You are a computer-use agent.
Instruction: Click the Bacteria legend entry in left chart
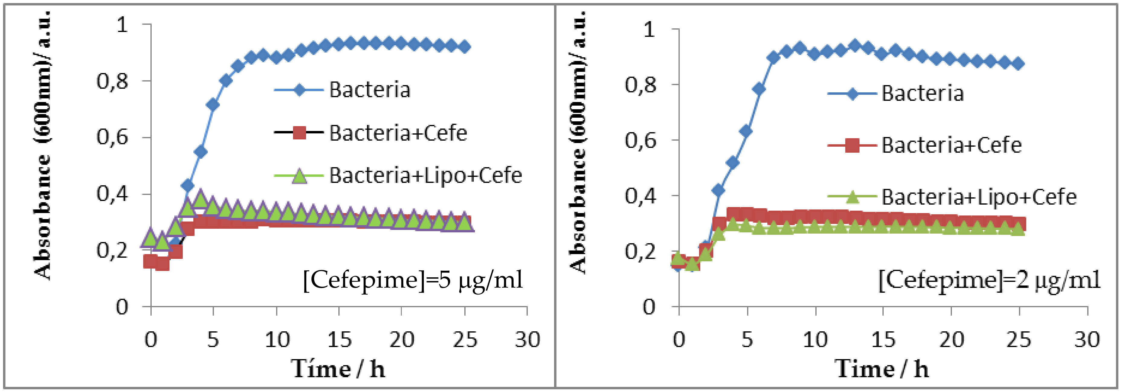pyautogui.click(x=369, y=90)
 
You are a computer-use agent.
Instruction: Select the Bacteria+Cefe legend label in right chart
pyautogui.click(x=952, y=145)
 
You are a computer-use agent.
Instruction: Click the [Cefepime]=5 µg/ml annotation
pyautogui.click(x=412, y=280)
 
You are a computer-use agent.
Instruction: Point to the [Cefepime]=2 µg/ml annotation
pyautogui.click(x=989, y=280)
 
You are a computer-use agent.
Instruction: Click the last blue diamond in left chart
pyautogui.click(x=465, y=46)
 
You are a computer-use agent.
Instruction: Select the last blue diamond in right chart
pyautogui.click(x=1018, y=64)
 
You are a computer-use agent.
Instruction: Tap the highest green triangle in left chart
pyautogui.click(x=200, y=199)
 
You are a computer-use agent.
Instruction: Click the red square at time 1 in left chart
pyautogui.click(x=163, y=263)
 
